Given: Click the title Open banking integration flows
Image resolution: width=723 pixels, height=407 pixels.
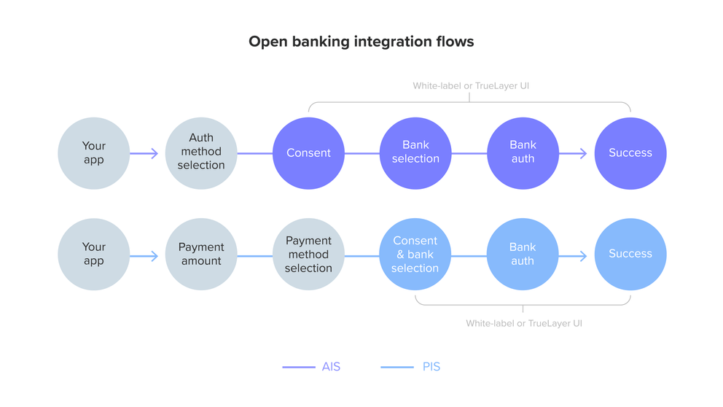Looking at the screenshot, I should (x=361, y=42).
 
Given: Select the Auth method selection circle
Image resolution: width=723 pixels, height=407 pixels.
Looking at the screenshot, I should (x=201, y=153).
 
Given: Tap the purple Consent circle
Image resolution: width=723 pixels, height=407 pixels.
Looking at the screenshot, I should (x=308, y=153).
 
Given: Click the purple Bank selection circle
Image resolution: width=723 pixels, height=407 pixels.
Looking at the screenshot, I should (x=415, y=153).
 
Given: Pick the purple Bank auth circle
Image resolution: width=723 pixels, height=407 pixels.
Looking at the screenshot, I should (x=523, y=153).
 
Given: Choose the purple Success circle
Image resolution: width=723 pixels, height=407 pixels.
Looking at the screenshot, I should (x=630, y=153).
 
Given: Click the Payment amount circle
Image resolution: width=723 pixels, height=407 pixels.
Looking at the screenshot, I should (x=201, y=255).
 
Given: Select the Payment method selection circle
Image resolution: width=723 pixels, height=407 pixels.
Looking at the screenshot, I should (x=308, y=255).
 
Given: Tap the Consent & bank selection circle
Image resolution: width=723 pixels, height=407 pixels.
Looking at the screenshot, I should (x=415, y=255).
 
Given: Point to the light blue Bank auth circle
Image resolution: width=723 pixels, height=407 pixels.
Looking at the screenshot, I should (x=523, y=255).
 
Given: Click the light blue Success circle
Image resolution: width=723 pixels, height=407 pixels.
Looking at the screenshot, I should (x=630, y=255).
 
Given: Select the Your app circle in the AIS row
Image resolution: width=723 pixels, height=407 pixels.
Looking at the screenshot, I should (x=94, y=153).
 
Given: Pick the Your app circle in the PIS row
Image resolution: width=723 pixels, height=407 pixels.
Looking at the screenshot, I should (x=94, y=255).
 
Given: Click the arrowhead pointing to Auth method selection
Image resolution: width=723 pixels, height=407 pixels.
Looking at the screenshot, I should (x=155, y=153).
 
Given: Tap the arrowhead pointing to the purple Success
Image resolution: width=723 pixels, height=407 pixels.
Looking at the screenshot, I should (x=583, y=153).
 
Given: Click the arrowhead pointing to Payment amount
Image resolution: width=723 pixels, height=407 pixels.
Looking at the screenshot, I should (x=155, y=256).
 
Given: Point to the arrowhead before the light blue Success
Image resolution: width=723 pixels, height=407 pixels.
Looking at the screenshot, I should (x=583, y=256).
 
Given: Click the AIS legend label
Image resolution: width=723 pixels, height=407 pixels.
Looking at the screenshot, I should (x=331, y=367).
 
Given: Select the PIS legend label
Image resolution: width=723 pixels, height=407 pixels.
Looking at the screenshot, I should (x=431, y=367).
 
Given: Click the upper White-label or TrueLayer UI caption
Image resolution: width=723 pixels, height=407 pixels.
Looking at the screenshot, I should (x=471, y=86).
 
